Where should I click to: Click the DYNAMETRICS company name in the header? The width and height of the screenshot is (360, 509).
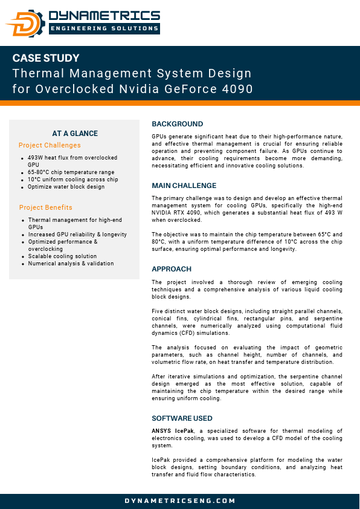click(104, 16)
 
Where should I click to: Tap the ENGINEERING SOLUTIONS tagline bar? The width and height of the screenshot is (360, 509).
click(104, 28)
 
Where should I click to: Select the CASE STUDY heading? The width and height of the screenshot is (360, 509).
click(46, 59)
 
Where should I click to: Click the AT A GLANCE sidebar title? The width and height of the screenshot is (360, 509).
click(75, 134)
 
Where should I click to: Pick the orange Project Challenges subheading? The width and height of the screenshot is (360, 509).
click(50, 145)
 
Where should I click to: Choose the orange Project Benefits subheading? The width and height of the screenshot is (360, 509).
click(45, 207)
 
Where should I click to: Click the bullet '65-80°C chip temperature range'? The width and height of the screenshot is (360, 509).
click(71, 172)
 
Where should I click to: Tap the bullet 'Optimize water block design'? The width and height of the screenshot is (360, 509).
click(66, 187)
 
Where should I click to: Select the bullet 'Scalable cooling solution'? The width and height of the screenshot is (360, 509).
click(62, 256)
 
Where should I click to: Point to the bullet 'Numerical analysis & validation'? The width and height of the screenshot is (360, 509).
click(71, 264)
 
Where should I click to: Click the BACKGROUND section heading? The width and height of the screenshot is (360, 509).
click(177, 124)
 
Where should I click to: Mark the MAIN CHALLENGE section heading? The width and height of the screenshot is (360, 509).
click(184, 186)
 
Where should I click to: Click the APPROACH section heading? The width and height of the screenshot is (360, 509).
click(172, 269)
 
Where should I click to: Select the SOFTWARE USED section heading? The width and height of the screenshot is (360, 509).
click(182, 418)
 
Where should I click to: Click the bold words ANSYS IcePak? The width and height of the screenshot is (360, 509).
click(172, 430)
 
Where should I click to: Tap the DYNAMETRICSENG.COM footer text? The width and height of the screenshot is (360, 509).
click(180, 501)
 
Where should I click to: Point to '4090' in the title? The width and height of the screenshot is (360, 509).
click(237, 89)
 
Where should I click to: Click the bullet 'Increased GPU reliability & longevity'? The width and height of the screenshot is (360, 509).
click(77, 235)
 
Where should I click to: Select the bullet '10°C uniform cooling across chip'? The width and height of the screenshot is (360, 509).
click(73, 180)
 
